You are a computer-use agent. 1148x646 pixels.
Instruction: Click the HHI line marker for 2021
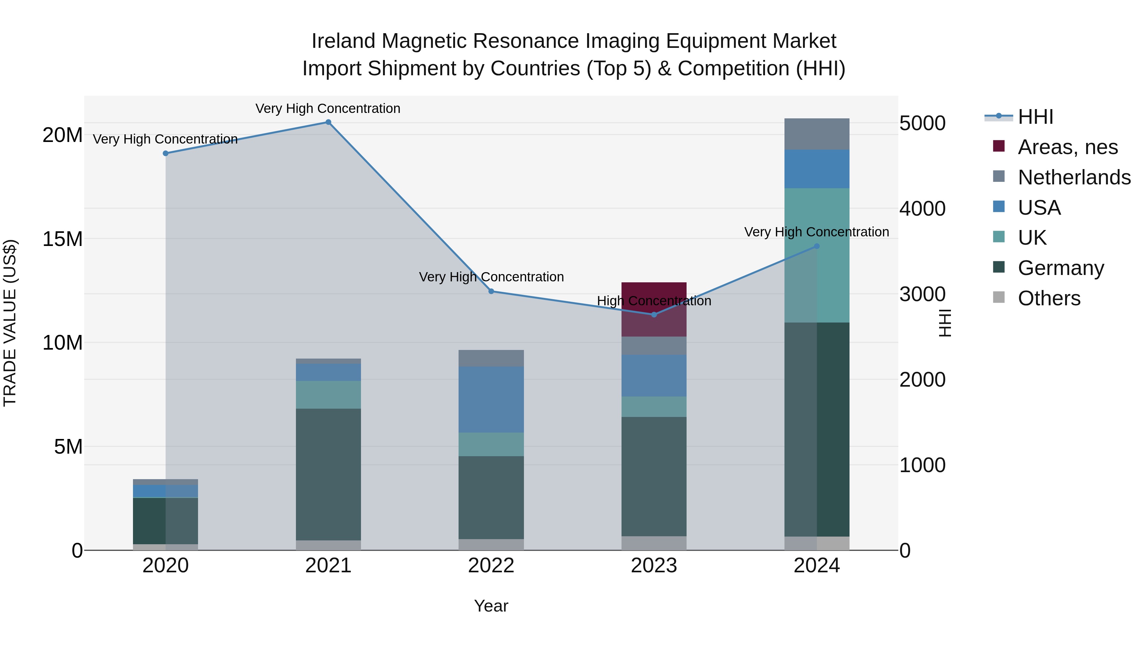click(328, 122)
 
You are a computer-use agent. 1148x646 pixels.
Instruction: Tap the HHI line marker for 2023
click(654, 315)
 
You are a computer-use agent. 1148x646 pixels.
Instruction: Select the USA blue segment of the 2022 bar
click(491, 399)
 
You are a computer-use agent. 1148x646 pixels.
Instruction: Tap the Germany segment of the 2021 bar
click(328, 474)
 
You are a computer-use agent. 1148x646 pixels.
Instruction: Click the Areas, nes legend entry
click(1067, 147)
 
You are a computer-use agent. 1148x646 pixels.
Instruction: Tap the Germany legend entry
click(1061, 268)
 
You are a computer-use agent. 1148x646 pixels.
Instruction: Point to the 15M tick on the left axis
click(63, 239)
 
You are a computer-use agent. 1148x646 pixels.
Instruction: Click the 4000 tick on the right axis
click(922, 209)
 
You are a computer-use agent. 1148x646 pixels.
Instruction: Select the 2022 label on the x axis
click(491, 566)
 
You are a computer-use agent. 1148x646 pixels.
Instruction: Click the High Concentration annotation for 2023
click(654, 301)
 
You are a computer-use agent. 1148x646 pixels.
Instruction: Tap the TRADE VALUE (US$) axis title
click(10, 323)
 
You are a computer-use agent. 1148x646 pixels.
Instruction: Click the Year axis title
click(491, 606)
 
